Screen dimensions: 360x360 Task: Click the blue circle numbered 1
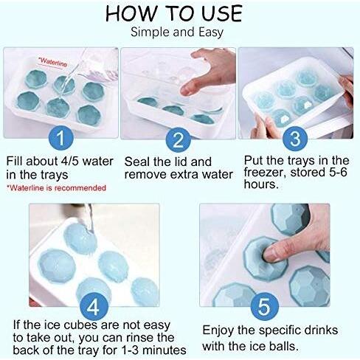coord(61,138)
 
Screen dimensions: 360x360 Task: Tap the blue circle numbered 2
coord(178,139)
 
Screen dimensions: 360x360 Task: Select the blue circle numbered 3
coord(295,139)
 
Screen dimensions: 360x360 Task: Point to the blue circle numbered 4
coord(94,307)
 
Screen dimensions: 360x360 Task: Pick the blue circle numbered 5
coord(264,307)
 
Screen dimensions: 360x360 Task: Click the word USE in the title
coord(222,13)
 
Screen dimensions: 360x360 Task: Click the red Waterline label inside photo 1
coord(52,62)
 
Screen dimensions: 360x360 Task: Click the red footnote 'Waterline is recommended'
coord(56,188)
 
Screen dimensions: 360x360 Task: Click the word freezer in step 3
coord(265,172)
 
